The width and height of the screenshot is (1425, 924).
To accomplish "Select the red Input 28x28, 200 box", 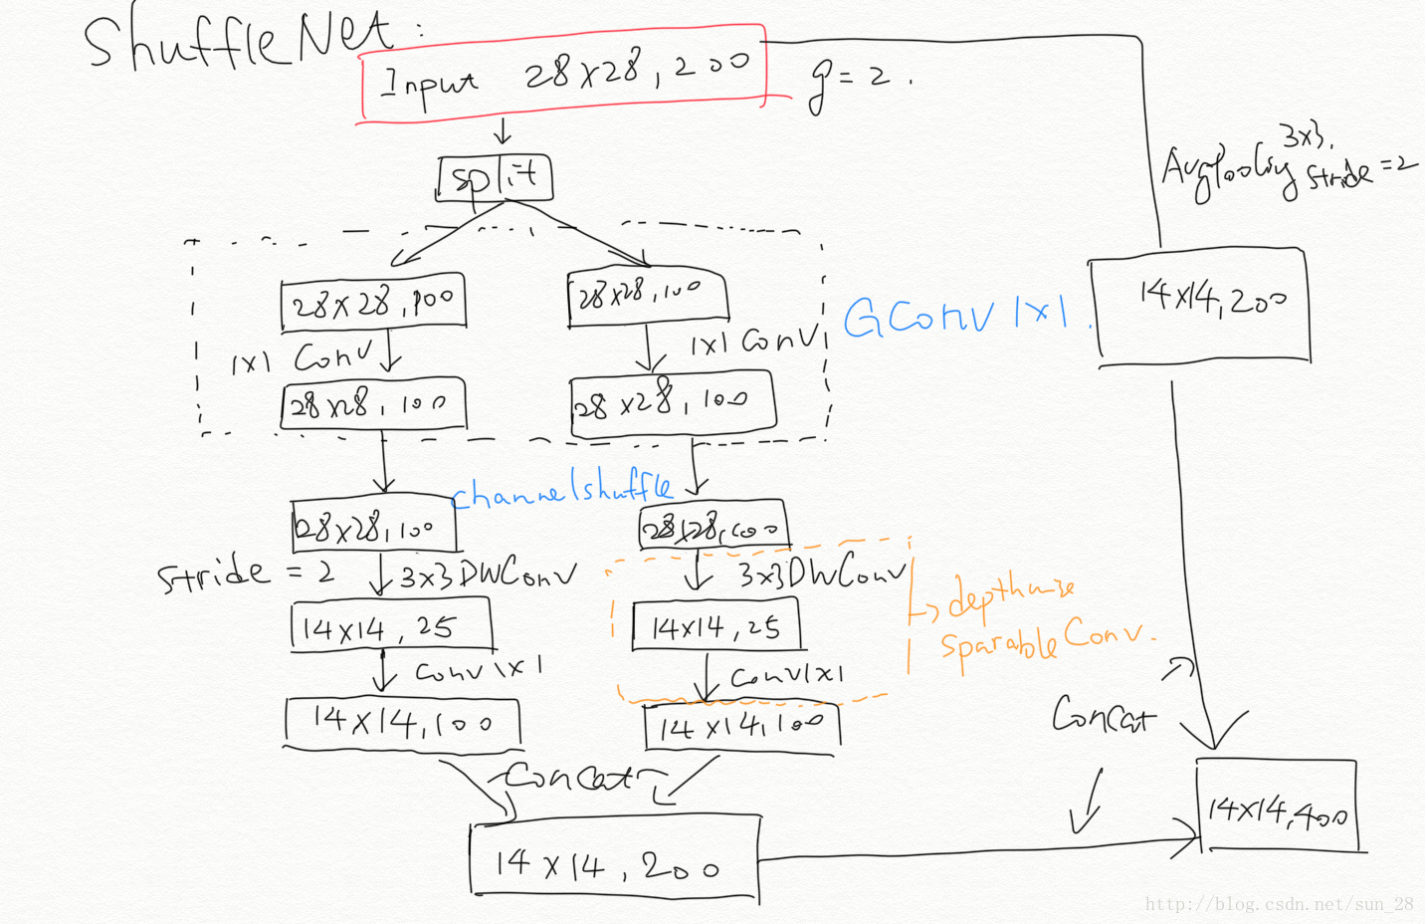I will point(563,74).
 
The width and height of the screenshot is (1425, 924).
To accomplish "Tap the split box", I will point(495,179).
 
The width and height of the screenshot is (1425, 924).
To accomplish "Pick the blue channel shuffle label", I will point(562,491).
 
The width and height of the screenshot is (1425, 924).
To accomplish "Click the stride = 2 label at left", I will point(245,574).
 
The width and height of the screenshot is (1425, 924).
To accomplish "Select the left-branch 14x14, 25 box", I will point(390,627).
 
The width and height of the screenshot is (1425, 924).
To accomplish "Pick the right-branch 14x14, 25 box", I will point(715,626).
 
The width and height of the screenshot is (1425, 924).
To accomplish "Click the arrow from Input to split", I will point(503,131).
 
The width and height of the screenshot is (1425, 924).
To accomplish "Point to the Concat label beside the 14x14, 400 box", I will point(1103,715).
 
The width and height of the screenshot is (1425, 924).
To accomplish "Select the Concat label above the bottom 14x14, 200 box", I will point(568,776).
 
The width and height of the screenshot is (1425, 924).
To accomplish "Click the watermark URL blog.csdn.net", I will point(1278,904).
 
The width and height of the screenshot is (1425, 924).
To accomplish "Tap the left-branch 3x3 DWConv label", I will point(488,575).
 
